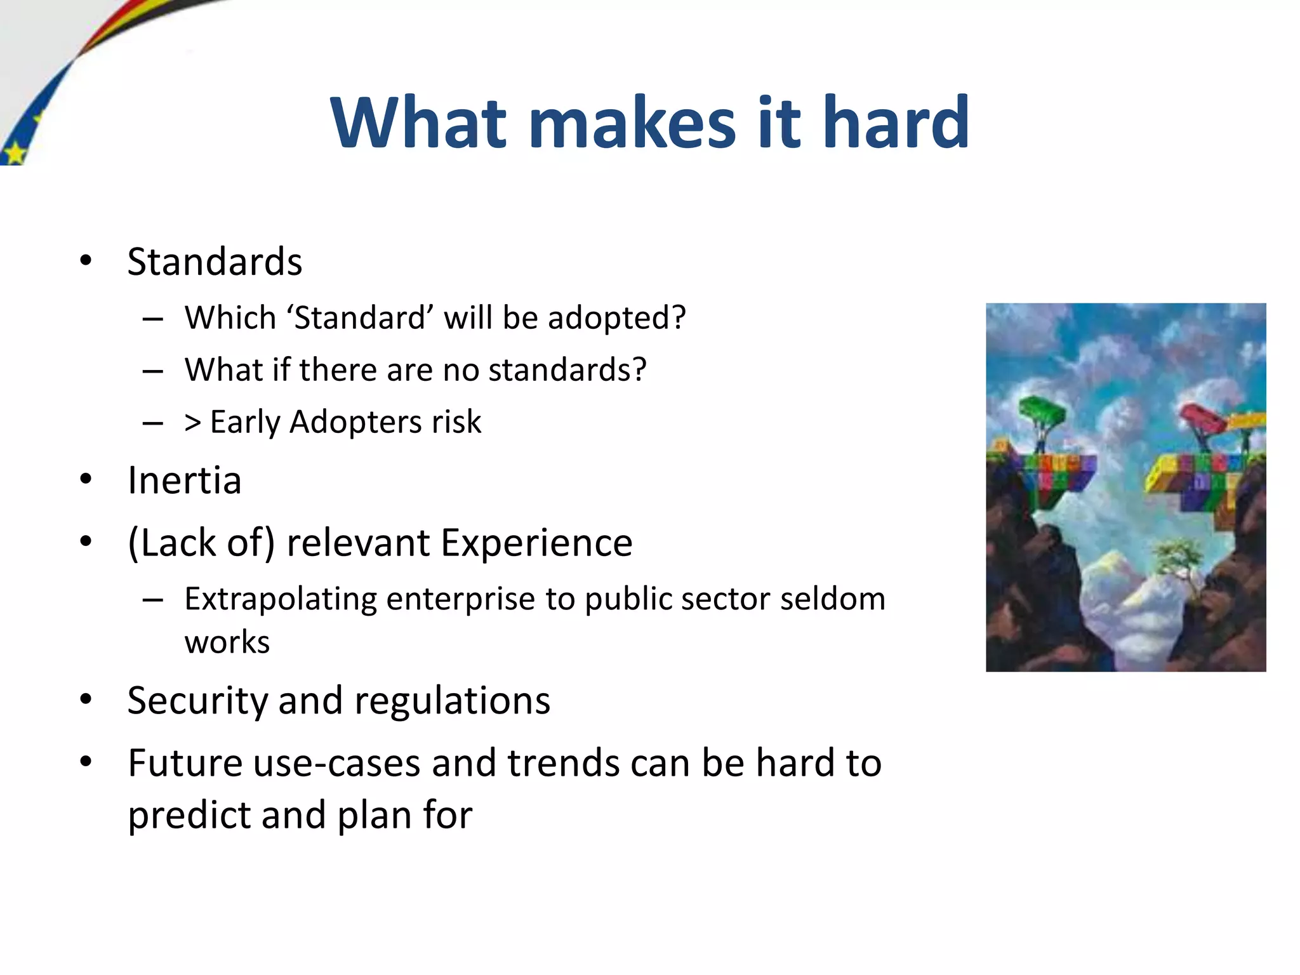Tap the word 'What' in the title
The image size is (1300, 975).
coord(419,122)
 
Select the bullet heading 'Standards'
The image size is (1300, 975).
coord(215,262)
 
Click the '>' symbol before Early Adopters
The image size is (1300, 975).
coord(193,422)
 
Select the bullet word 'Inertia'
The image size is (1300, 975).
coord(184,481)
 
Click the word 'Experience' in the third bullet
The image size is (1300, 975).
coord(536,543)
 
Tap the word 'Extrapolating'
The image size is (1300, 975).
coord(280,599)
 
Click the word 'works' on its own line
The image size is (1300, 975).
coord(227,642)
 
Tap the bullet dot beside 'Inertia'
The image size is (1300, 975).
coord(86,480)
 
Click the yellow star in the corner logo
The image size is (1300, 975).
coord(14,153)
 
